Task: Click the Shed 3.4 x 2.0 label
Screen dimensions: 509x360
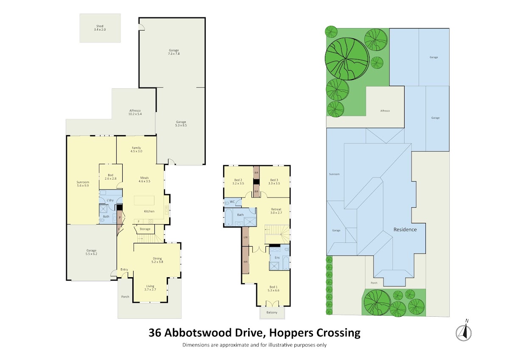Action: point(100,28)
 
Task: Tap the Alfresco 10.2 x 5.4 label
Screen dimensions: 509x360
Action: point(135,112)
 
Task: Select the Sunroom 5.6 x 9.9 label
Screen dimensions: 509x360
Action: point(83,184)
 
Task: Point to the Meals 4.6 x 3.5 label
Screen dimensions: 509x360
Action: point(144,180)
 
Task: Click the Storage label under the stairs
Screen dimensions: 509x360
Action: point(145,229)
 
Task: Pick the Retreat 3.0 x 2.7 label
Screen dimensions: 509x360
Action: point(276,211)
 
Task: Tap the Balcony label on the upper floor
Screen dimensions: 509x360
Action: point(272,312)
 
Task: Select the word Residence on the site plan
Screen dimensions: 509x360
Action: point(405,230)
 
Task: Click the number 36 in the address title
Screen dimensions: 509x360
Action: point(155,332)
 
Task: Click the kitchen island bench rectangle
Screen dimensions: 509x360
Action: point(144,200)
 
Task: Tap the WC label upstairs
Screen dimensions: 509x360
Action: point(232,202)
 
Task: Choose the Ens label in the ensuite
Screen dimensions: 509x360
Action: point(277,258)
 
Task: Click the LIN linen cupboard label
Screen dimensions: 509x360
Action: point(246,237)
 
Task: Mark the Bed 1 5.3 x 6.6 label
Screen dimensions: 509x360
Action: point(273,289)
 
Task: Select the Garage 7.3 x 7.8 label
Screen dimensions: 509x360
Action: point(173,52)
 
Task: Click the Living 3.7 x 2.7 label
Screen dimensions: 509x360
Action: point(150,288)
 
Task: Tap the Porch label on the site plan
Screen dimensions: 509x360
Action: point(374,283)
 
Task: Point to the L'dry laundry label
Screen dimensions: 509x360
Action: point(110,200)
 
